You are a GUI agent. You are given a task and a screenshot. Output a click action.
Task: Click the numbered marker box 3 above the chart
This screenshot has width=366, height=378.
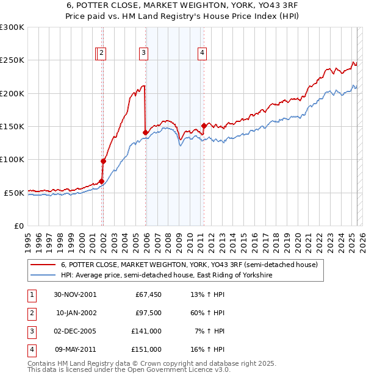click(x=143, y=53)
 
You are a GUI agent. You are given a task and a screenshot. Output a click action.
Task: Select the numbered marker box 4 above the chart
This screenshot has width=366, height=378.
click(x=201, y=53)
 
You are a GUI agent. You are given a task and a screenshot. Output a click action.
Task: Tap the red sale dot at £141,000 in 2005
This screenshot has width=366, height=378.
click(x=145, y=132)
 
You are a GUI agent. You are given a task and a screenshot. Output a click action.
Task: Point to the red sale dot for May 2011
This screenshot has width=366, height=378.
click(x=203, y=126)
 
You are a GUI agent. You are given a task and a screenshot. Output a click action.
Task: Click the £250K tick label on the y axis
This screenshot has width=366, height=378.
click(x=12, y=60)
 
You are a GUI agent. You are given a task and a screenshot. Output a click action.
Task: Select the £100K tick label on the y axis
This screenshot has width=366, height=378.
click(x=12, y=160)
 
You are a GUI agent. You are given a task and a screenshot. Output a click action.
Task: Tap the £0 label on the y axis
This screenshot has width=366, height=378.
click(x=18, y=226)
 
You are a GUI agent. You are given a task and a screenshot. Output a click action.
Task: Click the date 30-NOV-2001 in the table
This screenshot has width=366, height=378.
click(x=75, y=294)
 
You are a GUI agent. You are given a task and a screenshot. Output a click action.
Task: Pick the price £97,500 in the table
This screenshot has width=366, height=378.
click(x=148, y=313)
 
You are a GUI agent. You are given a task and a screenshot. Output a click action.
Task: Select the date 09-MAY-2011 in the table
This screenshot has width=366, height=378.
click(x=75, y=349)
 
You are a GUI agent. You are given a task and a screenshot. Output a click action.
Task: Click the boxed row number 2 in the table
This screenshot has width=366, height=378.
click(x=30, y=313)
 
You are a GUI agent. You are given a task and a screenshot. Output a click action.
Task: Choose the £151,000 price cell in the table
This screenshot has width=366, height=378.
click(x=147, y=349)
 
